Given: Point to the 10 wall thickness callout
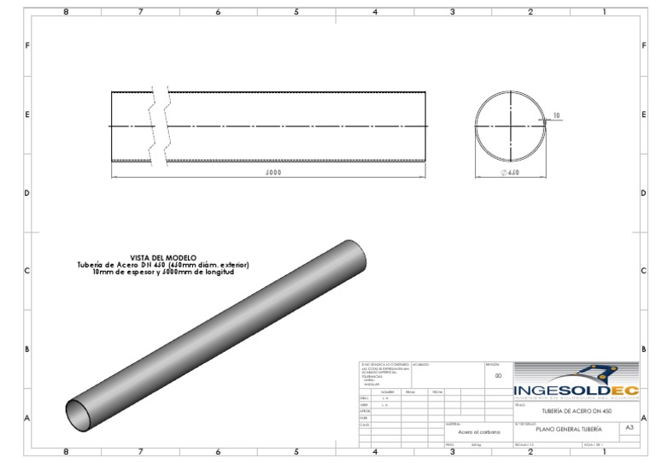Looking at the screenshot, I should point(555,115).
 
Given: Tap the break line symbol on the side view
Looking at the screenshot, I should point(158,126).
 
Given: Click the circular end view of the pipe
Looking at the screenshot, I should point(509,126).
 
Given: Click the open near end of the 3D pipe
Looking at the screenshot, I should point(85,414).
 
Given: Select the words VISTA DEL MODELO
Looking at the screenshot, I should point(162,257).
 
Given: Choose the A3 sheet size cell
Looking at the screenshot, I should point(629,427).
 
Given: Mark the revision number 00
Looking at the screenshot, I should point(498,375).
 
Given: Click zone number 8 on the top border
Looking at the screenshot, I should point(67,13).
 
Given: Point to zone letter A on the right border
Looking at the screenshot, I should point(642,418).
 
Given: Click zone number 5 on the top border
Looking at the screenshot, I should point(296,13).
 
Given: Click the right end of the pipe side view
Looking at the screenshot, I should point(425,126).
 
